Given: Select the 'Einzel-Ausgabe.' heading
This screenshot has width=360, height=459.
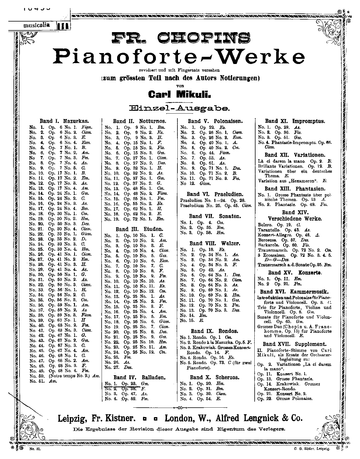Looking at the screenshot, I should click(180, 108).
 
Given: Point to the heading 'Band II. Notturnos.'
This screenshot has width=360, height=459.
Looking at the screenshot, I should click(140, 121).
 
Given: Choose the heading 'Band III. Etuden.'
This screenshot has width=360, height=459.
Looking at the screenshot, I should click(139, 229).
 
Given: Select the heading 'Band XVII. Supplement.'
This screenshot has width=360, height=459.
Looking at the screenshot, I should click(295, 344).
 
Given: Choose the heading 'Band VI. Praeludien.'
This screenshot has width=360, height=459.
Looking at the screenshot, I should click(214, 194).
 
